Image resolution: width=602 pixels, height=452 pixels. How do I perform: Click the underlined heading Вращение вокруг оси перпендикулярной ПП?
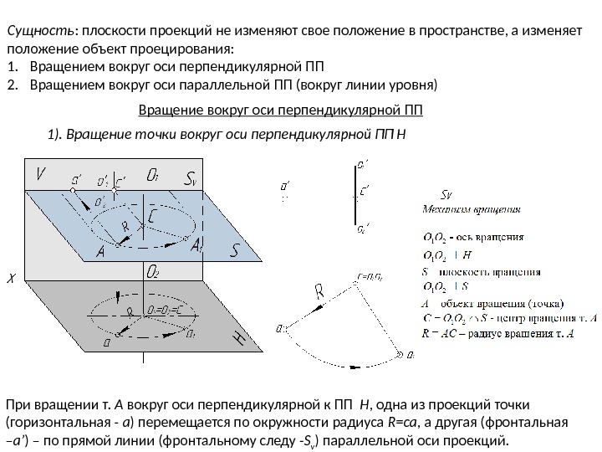280,110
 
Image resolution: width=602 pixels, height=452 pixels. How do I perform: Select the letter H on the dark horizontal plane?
239,337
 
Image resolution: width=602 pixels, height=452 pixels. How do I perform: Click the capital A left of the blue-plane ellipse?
100,251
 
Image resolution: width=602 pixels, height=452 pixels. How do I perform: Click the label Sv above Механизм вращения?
445,198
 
